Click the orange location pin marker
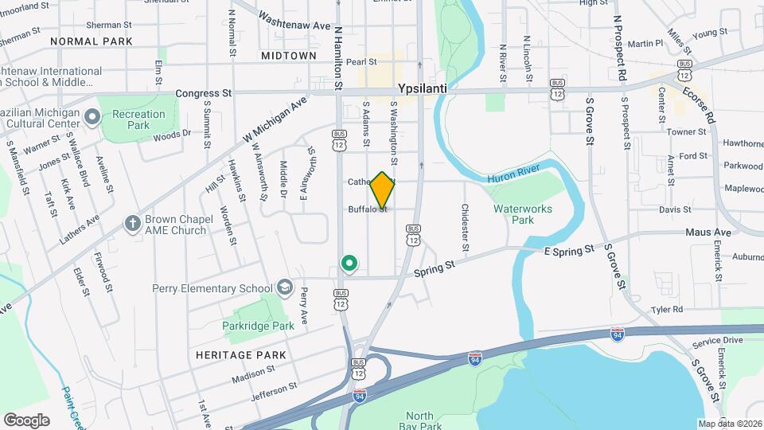[382, 190]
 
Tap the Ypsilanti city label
[426, 89]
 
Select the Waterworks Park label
[523, 213]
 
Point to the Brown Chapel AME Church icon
[132, 225]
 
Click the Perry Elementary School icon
[284, 287]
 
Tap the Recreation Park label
[138, 119]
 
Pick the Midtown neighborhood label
[288, 56]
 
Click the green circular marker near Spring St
[348, 263]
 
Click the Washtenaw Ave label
[294, 25]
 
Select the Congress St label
[203, 93]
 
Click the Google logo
[26, 420]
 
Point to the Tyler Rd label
[666, 309]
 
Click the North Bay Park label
[419, 420]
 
